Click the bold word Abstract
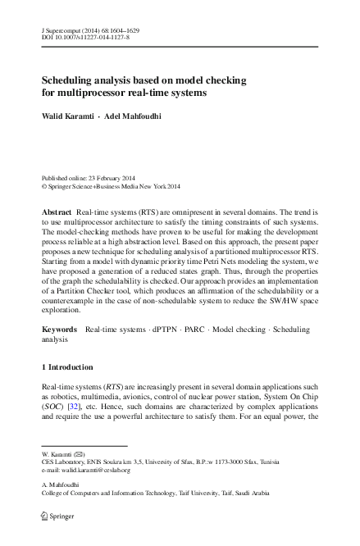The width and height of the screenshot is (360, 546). click(x=57, y=212)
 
